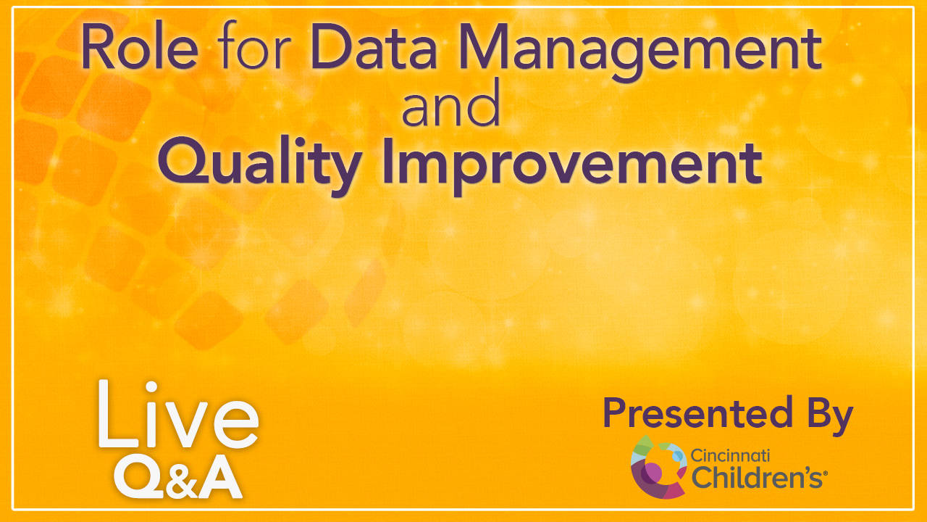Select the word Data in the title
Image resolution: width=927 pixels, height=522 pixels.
[x=374, y=46]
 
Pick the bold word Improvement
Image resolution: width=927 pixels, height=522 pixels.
[x=572, y=164]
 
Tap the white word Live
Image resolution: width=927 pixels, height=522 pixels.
[x=178, y=414]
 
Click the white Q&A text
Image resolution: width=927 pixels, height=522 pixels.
[x=178, y=477]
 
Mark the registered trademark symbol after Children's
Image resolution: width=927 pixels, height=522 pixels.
[x=825, y=473]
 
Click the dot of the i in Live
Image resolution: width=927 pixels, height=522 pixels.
[x=151, y=386]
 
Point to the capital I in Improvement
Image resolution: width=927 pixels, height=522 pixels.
[x=387, y=161]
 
